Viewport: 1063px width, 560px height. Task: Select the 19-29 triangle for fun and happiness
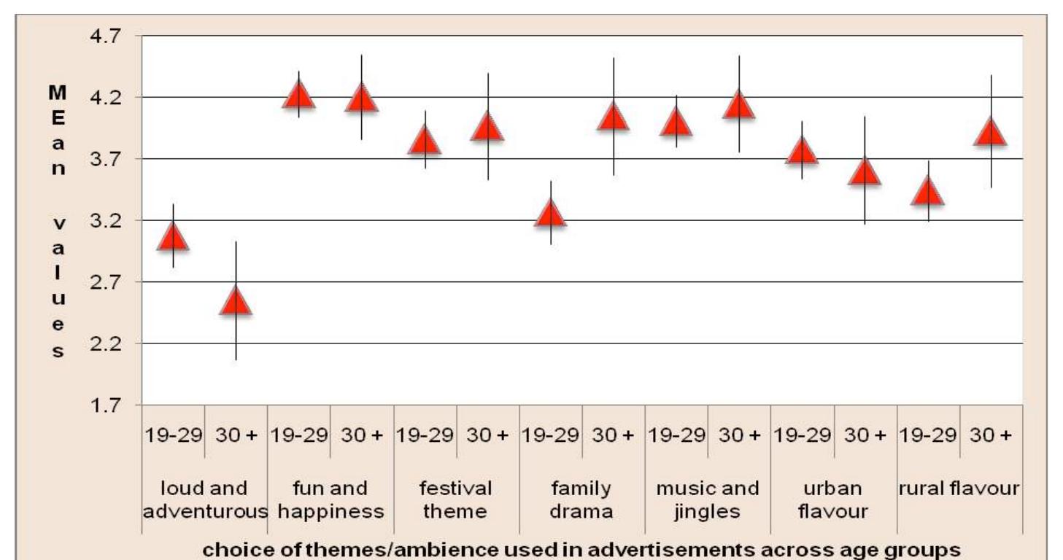click(299, 95)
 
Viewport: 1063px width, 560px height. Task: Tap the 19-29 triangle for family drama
click(550, 214)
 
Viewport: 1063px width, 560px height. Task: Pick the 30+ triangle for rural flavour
click(990, 133)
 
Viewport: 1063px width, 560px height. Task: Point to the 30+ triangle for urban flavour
click(865, 173)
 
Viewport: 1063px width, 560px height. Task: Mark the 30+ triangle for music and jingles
click(739, 105)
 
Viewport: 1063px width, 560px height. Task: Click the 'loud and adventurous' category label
click(205, 499)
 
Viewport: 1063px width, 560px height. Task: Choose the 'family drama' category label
click(581, 499)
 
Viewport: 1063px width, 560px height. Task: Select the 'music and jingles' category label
click(707, 499)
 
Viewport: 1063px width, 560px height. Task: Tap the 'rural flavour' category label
click(959, 489)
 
